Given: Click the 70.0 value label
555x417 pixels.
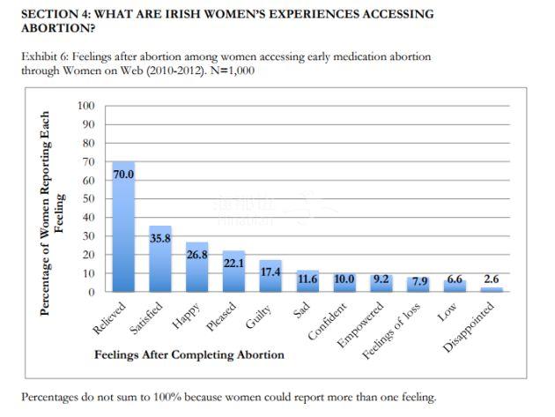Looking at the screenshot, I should (x=123, y=175).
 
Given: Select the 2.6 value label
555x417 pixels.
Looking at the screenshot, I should (x=491, y=279).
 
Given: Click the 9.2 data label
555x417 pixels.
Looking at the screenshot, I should (x=381, y=279).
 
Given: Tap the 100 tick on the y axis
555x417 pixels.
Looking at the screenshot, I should (x=86, y=106).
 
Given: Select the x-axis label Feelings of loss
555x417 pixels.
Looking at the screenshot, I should (x=395, y=331).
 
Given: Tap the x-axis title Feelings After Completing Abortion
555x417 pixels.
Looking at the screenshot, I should (x=189, y=354).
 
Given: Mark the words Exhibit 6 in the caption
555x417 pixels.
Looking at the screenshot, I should (x=44, y=56).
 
